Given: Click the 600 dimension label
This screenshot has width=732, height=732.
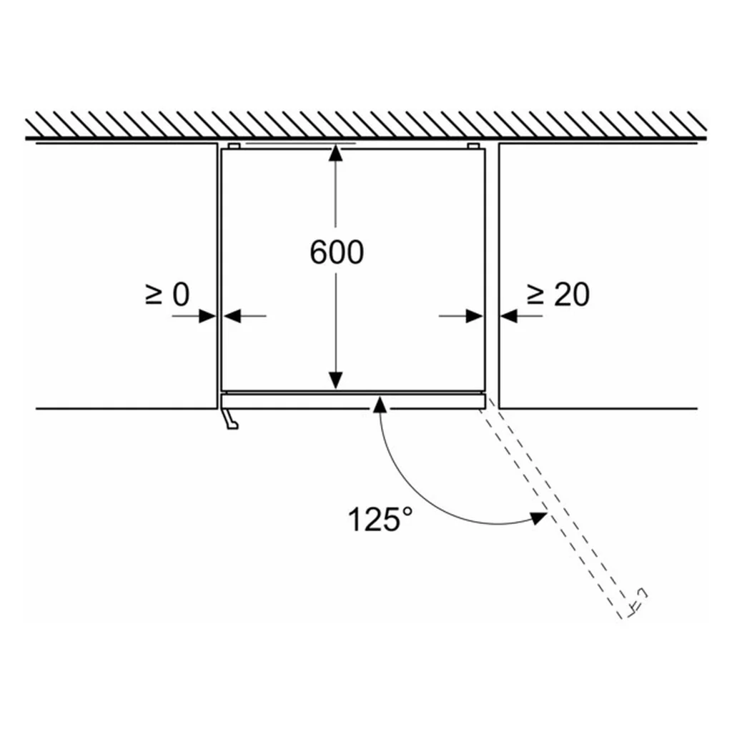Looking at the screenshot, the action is (337, 252).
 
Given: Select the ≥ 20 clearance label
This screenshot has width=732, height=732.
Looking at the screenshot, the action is (558, 295).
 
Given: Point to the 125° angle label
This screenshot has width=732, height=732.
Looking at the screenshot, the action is (380, 519).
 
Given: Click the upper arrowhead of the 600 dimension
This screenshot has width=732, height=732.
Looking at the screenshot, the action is (336, 153).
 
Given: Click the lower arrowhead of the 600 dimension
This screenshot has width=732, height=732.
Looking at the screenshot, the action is (336, 380).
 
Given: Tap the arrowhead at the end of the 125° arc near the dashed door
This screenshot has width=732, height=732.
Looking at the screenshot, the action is (538, 518).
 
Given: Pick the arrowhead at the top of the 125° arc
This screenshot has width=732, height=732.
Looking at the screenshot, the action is (380, 404).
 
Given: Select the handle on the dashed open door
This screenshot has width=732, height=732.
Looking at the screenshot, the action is (638, 601).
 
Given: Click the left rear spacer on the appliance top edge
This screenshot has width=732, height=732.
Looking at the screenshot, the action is (234, 146).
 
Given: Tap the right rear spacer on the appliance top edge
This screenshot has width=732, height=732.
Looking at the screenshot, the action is (473, 146).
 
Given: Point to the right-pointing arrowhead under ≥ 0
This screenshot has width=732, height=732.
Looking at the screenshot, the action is (207, 316).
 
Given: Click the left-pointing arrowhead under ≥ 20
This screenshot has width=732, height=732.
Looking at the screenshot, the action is (509, 316).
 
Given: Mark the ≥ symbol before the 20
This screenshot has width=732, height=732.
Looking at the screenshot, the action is (535, 295).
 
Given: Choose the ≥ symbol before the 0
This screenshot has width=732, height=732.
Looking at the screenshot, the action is (154, 295).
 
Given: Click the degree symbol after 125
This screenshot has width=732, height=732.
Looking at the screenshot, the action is (407, 511).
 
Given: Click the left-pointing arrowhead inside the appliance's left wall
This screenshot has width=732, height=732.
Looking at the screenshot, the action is (232, 316).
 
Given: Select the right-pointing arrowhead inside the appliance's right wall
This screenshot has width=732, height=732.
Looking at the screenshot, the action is (475, 316).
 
